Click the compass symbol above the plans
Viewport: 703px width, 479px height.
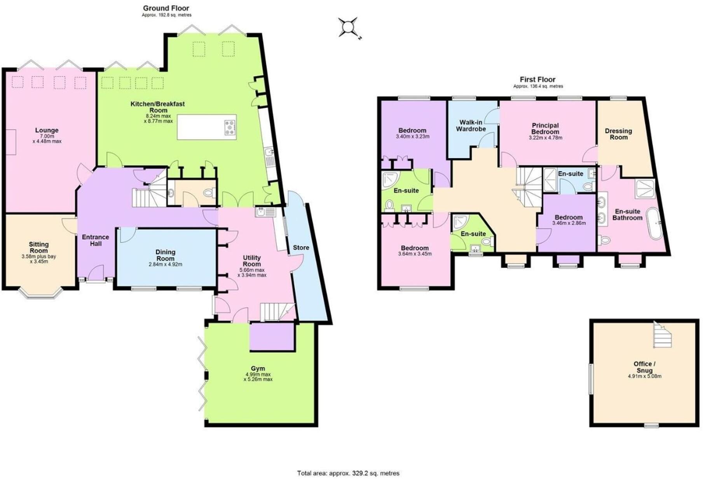[348, 28]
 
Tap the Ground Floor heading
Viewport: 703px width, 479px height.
[166, 8]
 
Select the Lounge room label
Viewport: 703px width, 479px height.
[47, 130]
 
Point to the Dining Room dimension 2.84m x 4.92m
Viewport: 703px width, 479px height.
[165, 264]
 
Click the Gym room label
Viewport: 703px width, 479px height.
[258, 368]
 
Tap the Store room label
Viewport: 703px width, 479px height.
[301, 248]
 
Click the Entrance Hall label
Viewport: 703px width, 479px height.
[96, 240]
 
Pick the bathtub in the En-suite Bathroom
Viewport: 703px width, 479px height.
[656, 224]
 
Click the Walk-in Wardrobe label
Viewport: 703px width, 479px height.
[471, 126]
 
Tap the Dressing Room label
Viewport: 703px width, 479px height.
[618, 134]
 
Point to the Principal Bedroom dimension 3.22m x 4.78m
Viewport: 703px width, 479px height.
[545, 138]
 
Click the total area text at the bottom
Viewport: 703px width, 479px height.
[348, 473]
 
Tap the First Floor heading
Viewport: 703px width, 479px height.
[537, 80]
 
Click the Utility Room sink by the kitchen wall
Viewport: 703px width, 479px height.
[265, 212]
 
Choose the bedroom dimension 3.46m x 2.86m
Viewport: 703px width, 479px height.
[569, 223]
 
